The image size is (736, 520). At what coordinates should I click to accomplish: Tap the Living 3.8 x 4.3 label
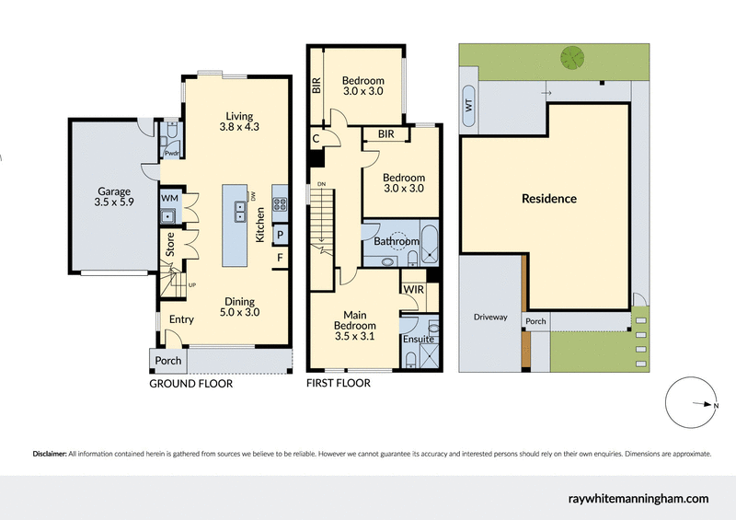click(240, 121)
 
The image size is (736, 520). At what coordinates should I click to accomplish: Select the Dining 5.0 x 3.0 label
click(239, 306)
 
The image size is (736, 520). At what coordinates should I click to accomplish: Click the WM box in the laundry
click(169, 198)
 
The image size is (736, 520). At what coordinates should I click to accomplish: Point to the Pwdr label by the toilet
click(171, 154)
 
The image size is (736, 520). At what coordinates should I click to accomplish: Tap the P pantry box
click(279, 234)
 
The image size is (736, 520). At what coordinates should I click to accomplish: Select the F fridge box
click(279, 258)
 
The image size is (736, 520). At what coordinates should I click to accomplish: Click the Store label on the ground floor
click(170, 243)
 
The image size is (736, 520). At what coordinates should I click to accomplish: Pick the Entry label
click(181, 319)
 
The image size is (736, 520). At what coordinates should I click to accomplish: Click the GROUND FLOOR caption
click(190, 384)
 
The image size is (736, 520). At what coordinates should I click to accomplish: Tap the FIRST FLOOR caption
click(339, 383)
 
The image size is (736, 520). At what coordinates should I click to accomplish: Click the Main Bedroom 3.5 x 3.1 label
click(354, 319)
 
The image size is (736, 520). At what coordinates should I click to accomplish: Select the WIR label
click(413, 290)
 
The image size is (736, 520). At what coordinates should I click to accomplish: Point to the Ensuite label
click(419, 340)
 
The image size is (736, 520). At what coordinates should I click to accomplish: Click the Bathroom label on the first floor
click(397, 242)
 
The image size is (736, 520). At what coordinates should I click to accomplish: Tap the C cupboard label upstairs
click(316, 138)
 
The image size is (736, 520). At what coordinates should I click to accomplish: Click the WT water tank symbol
click(469, 106)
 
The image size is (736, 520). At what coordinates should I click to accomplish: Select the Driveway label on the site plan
click(490, 317)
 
